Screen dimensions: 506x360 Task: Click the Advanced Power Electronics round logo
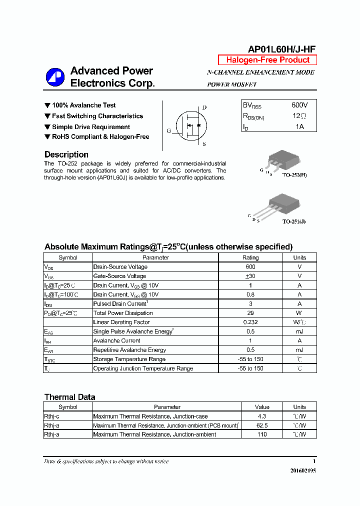tap(55, 77)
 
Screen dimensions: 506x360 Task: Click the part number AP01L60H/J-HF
tap(281, 48)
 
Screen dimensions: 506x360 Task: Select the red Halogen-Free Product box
tap(267, 60)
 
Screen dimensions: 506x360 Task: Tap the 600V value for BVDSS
tap(299, 105)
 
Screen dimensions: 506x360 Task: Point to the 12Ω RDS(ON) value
tap(299, 116)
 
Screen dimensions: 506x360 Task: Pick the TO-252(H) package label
tap(294, 175)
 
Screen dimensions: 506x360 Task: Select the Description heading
tap(66, 154)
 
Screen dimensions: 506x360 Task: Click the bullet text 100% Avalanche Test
tap(83, 105)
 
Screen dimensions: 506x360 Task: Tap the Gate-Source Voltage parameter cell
tap(119, 276)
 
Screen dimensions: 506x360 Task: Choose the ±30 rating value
tap(250, 276)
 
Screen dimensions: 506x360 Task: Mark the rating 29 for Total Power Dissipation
tap(250, 313)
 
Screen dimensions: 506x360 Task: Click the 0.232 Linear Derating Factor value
tap(250, 322)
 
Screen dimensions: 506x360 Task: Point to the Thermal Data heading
tap(69, 397)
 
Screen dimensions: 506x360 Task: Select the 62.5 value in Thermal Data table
tap(261, 425)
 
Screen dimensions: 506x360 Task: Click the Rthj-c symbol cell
tap(52, 416)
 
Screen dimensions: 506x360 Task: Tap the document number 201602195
tap(303, 470)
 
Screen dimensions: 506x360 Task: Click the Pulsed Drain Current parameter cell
tap(120, 303)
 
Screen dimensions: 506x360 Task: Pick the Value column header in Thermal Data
tap(261, 407)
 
